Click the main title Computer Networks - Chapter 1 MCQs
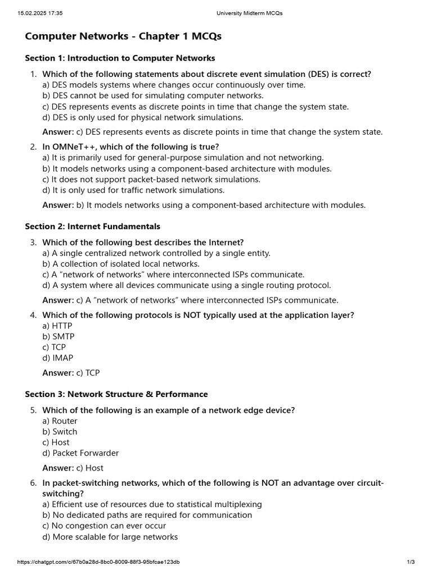click(x=123, y=36)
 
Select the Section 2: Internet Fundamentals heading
click(x=92, y=226)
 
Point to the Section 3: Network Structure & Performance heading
click(x=116, y=394)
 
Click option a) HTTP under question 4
click(x=57, y=326)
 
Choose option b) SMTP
click(x=58, y=336)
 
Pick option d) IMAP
click(x=58, y=358)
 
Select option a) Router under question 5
click(x=60, y=421)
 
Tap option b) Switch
click(x=60, y=432)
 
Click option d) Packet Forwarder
click(x=81, y=453)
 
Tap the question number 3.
click(x=33, y=243)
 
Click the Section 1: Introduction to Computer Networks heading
click(x=120, y=58)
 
